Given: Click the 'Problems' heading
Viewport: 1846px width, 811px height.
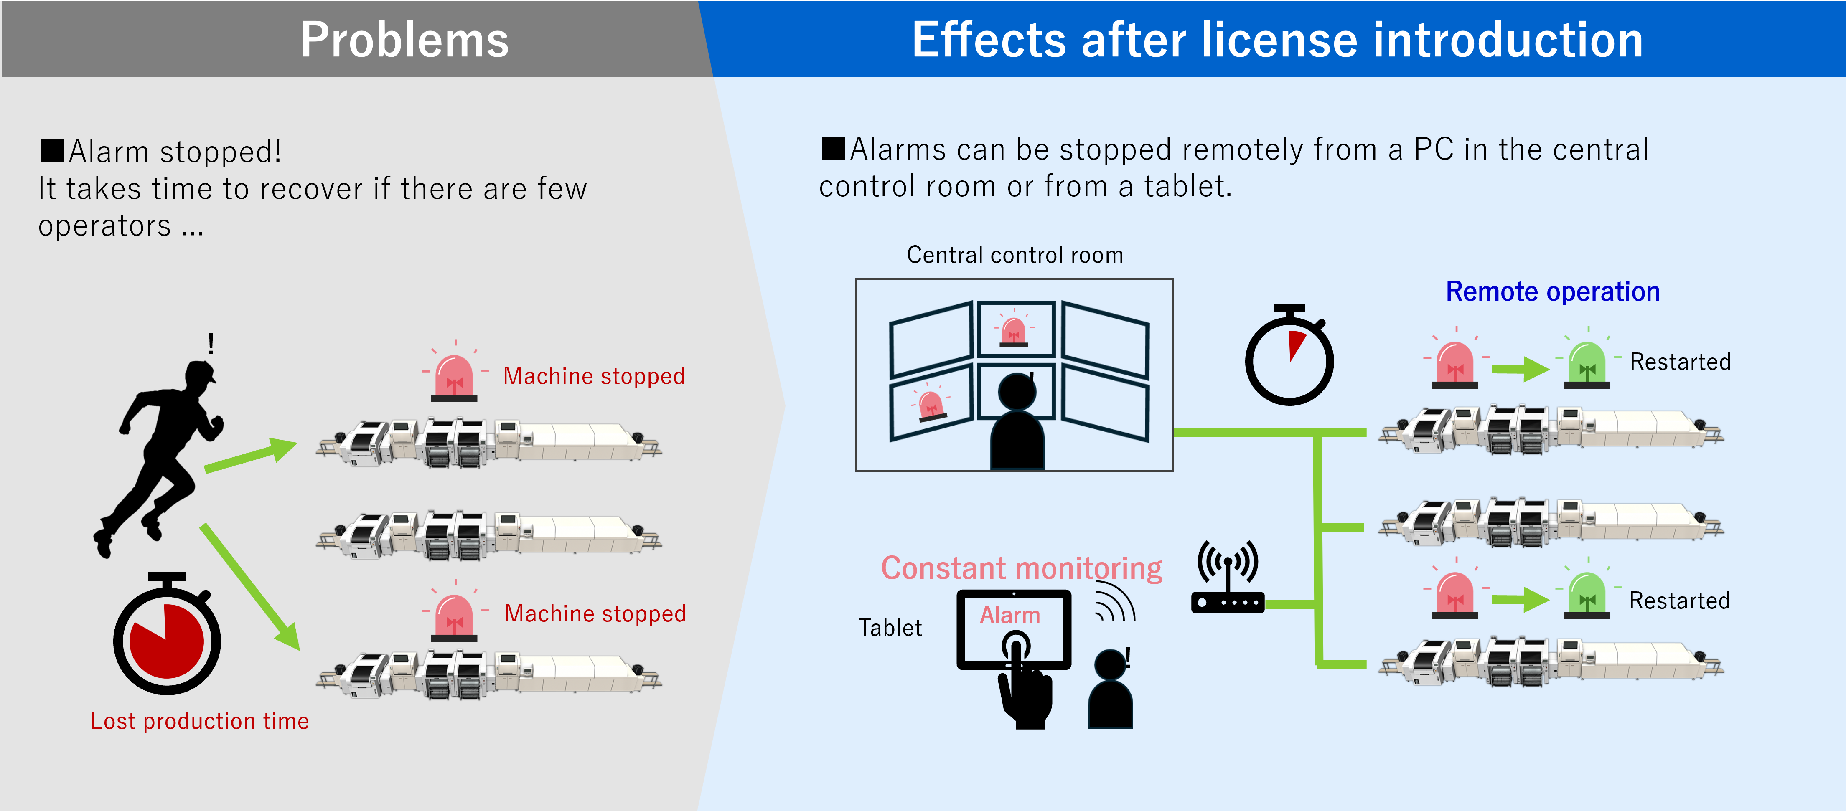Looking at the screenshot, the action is pos(404,40).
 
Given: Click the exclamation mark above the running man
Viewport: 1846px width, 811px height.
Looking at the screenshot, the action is pos(211,344).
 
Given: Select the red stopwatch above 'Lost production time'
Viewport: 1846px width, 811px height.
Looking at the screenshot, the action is pos(167,634).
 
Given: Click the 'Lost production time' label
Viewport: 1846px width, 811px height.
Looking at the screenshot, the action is pos(199,721).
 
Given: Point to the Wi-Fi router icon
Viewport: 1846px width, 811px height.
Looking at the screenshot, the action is pos(1228,577).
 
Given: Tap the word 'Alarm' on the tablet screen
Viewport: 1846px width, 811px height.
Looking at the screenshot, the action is pos(1010,615).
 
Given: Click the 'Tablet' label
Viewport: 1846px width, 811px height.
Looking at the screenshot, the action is pos(890,628).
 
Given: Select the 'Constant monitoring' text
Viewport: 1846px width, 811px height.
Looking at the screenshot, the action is pos(1021,568).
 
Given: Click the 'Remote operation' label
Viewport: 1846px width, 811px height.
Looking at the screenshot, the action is pos(1552,291).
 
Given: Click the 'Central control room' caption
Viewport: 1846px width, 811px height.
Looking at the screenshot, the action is pos(1015,255).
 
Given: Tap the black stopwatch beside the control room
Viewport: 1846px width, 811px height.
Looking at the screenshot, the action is pos(1289,355).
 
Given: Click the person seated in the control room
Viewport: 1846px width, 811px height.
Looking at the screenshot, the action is pos(1017,423).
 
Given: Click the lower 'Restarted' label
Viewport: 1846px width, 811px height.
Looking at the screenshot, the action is pos(1679,601).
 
